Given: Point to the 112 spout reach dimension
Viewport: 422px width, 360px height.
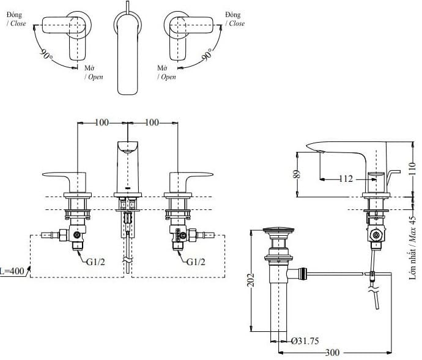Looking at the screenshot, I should (x=346, y=179).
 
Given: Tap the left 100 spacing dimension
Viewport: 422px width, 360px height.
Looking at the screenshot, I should (x=102, y=123).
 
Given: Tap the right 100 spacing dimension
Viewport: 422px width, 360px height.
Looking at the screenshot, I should (x=152, y=123).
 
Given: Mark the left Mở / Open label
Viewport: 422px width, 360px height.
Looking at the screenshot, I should (x=93, y=73).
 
